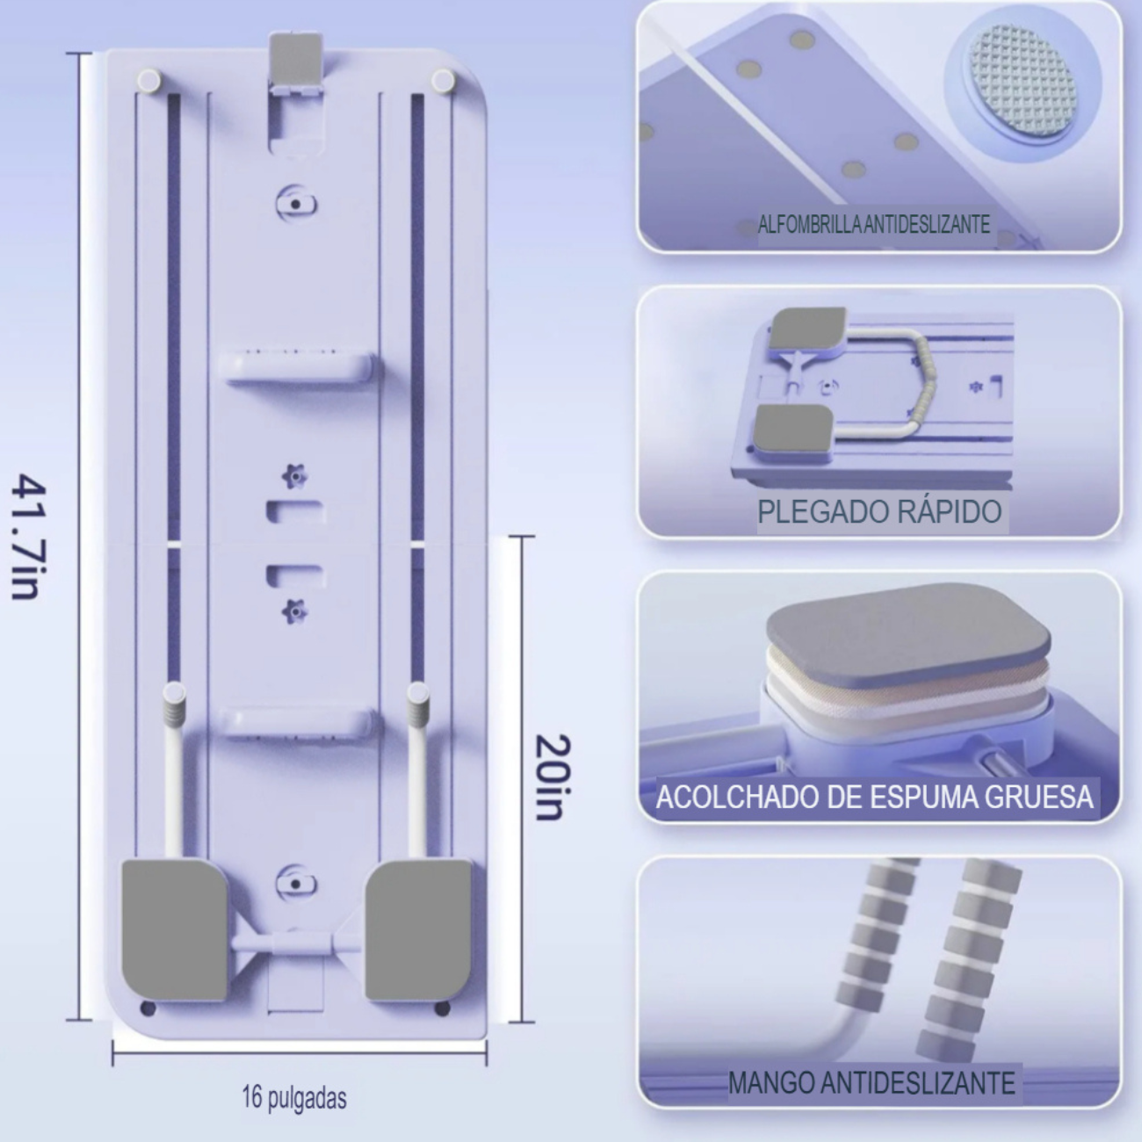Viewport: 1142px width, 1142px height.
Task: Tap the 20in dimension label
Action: click(x=553, y=777)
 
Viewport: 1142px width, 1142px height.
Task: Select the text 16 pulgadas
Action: click(x=294, y=1097)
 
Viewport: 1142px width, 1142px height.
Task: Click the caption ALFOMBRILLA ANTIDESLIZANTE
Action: click(x=873, y=225)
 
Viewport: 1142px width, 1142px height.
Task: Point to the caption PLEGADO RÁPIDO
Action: click(x=879, y=511)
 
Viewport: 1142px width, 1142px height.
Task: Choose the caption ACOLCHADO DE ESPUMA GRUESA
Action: click(x=874, y=797)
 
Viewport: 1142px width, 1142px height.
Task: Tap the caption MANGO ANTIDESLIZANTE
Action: click(x=871, y=1083)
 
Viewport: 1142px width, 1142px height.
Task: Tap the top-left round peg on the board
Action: click(x=148, y=80)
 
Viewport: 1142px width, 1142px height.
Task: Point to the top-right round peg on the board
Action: click(x=443, y=80)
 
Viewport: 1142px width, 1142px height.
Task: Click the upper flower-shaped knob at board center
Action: click(x=294, y=476)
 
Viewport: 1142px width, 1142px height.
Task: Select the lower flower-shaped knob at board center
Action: click(x=294, y=611)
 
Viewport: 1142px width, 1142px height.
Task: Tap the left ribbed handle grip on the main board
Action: click(x=174, y=705)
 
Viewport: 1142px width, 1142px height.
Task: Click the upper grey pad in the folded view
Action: click(x=809, y=329)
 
